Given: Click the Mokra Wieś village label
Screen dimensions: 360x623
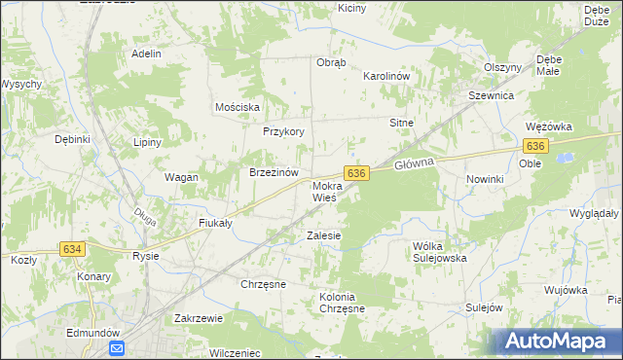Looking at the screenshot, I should point(324,191).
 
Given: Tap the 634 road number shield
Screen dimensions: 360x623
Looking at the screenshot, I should point(72,249).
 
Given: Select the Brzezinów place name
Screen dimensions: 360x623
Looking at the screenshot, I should point(273,172).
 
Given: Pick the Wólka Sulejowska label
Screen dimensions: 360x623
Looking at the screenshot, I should point(440,252).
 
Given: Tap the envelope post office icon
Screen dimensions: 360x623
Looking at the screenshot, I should point(117,348).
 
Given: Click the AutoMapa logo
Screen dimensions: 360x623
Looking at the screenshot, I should point(555,342).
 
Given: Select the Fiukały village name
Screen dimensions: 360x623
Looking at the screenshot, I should point(214,223).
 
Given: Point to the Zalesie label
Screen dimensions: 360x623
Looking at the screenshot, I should point(324,235).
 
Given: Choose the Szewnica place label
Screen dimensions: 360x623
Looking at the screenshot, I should point(491,96).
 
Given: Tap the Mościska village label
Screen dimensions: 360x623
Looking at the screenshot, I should point(238,107).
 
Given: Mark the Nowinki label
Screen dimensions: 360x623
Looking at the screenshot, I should point(484,179).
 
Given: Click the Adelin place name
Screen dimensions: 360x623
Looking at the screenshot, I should point(146,54).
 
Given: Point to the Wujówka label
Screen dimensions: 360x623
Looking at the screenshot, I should point(566,290).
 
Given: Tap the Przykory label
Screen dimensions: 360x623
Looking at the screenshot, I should point(284,132).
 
